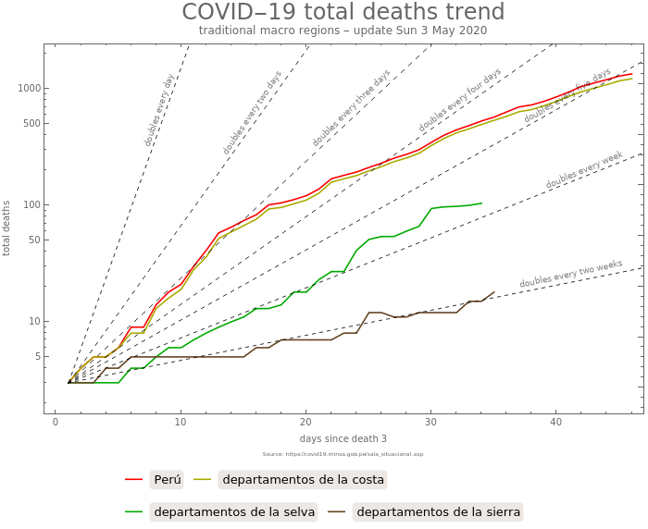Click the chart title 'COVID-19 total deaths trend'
[343, 12]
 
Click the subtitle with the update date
[343, 31]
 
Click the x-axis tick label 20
[305, 423]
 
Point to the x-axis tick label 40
[555, 423]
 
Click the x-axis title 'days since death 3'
[343, 438]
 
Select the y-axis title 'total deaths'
[7, 228]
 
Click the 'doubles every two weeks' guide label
[570, 274]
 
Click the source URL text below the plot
[343, 454]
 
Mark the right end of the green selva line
[481, 203]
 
